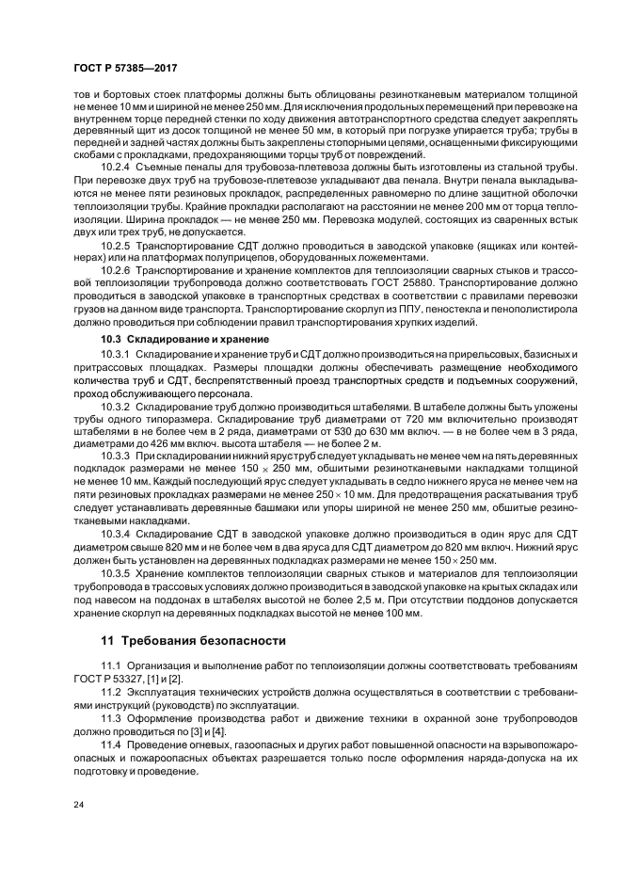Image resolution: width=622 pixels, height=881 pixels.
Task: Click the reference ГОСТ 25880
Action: (x=427, y=281)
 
